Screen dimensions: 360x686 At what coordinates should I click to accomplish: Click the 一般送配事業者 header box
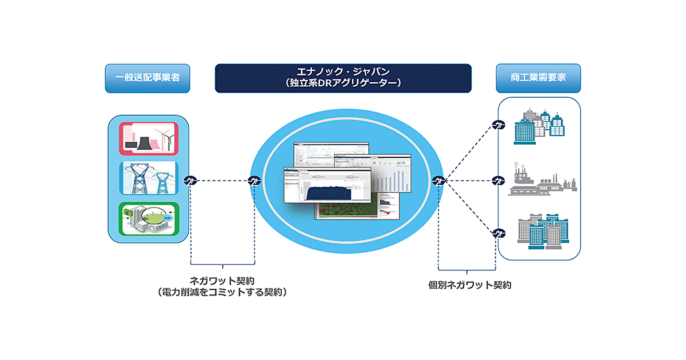coord(147,78)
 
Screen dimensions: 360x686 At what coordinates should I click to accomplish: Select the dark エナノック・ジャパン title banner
coord(343,78)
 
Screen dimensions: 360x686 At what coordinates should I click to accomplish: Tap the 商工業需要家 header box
coord(538,78)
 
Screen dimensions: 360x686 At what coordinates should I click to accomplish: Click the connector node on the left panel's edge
coord(190,181)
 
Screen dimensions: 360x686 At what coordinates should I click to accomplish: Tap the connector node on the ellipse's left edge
coord(255,181)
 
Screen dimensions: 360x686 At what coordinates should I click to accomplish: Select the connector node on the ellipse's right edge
coord(438,181)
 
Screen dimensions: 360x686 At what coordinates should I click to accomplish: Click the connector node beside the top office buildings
coord(499,125)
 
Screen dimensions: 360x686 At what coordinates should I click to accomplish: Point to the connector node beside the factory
coord(499,181)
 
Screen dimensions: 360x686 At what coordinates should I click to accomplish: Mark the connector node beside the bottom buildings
coord(499,233)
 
